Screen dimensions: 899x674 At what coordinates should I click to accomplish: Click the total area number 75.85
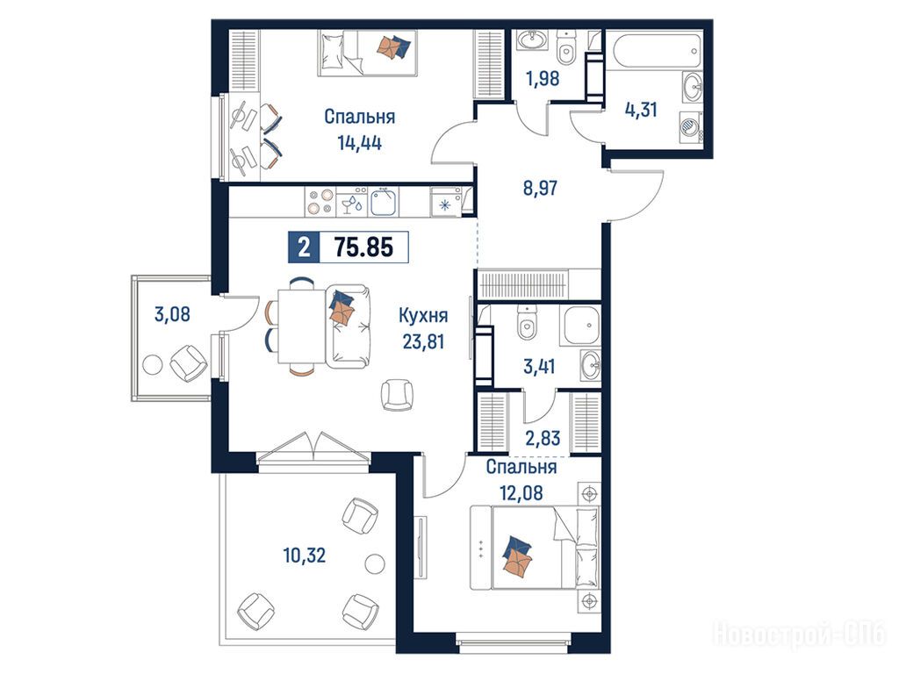[363, 247]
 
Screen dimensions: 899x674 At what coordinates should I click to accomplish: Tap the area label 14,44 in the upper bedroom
[359, 143]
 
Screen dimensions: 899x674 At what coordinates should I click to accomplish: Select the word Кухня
[423, 316]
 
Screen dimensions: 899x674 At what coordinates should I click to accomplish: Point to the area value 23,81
[423, 341]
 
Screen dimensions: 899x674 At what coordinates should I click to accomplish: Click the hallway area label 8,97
[540, 188]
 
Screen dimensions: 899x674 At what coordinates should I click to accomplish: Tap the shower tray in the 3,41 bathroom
[580, 325]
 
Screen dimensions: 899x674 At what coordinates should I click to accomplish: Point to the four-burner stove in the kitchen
[320, 202]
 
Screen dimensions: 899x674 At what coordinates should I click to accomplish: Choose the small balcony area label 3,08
[172, 314]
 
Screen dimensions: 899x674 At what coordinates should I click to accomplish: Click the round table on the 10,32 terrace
[374, 563]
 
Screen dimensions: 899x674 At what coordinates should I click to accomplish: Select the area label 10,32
[305, 555]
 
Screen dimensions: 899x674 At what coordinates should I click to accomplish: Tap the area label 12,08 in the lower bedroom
[521, 492]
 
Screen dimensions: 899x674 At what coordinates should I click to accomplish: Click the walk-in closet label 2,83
[543, 438]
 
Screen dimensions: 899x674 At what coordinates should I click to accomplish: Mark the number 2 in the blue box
[304, 247]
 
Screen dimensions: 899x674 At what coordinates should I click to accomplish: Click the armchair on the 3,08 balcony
[189, 362]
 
